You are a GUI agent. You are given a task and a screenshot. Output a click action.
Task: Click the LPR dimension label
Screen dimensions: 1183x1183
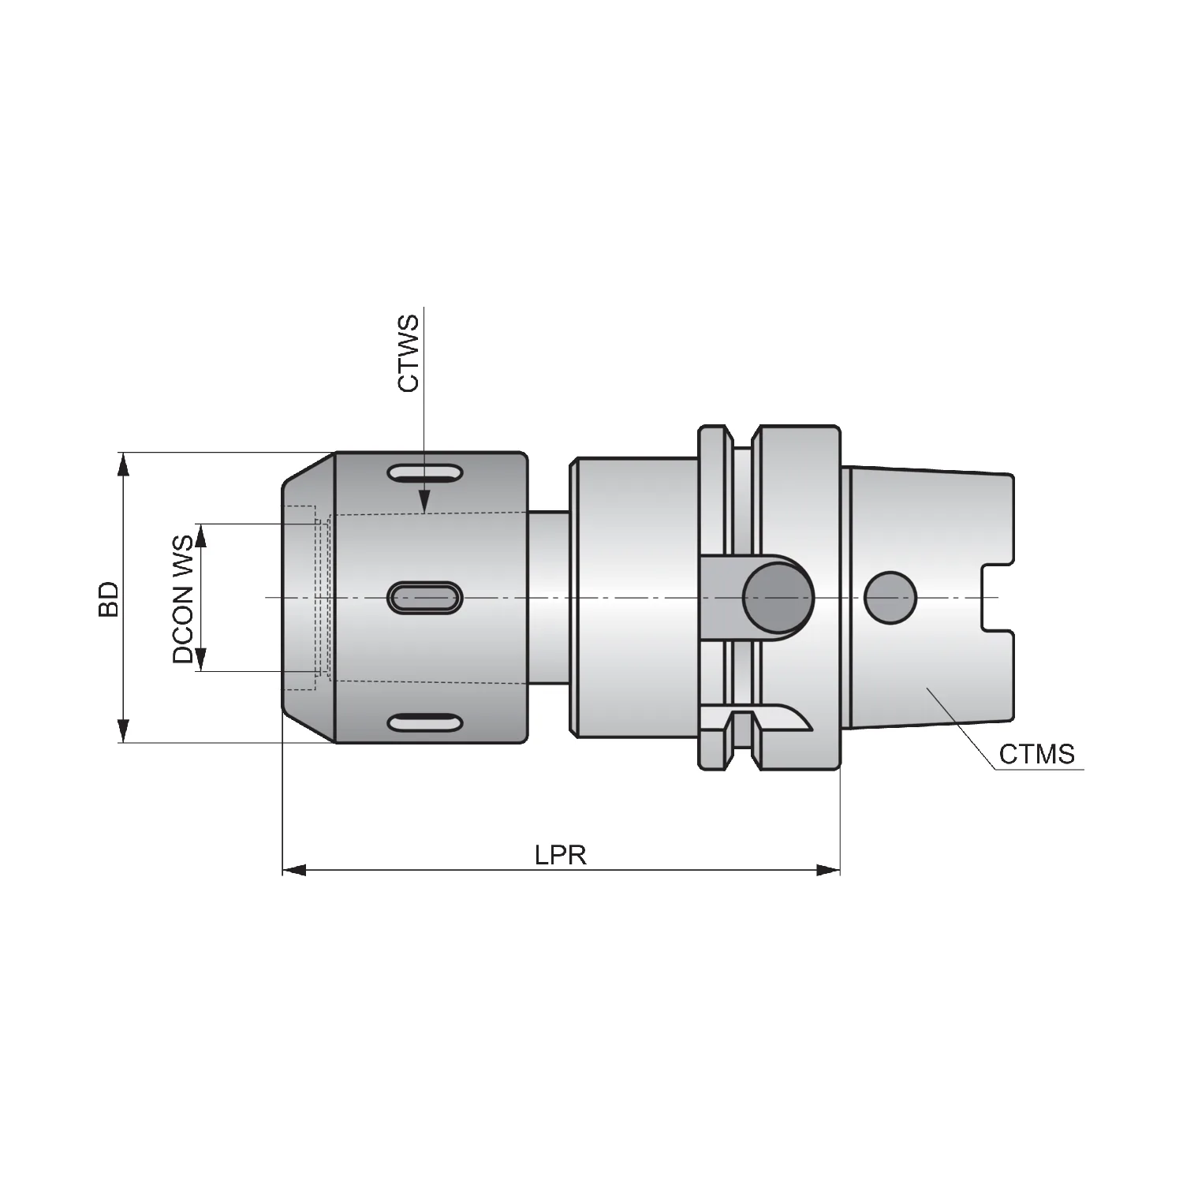tap(560, 855)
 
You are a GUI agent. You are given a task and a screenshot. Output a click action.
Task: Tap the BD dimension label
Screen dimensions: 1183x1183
tap(108, 599)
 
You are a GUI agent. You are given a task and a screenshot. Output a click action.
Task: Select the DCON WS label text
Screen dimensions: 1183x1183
tap(183, 599)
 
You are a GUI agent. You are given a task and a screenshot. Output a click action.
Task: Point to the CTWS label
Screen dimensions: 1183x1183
tap(409, 353)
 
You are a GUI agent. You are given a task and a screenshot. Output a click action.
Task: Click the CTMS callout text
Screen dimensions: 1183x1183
tap(1036, 754)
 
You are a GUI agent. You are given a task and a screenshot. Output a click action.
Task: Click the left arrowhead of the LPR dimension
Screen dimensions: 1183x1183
tap(294, 870)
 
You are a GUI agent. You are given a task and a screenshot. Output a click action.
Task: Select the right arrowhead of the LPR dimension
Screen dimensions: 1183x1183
tap(828, 870)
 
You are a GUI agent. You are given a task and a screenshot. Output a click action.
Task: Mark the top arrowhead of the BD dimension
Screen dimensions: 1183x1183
tap(122, 465)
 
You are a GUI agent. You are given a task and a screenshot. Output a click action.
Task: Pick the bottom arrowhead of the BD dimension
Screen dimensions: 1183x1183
tap(122, 730)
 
